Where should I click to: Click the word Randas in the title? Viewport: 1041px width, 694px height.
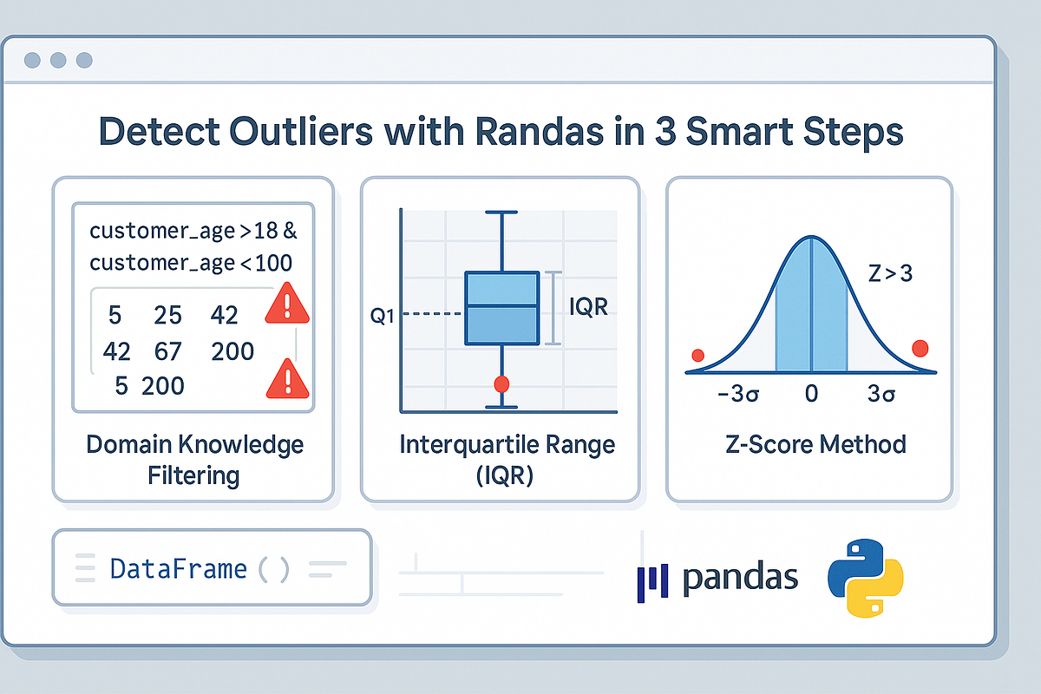(x=539, y=131)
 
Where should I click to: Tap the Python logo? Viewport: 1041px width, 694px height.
(x=866, y=578)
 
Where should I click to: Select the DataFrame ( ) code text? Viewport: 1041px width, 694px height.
(x=200, y=569)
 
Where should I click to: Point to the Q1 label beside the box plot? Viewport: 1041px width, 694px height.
(x=382, y=316)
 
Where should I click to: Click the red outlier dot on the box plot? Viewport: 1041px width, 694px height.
(x=501, y=384)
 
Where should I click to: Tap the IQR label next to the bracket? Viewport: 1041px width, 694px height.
(x=588, y=307)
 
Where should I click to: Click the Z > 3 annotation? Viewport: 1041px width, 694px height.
(x=890, y=273)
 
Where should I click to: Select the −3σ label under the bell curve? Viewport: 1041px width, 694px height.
(x=738, y=394)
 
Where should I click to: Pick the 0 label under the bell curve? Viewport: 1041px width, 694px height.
(x=811, y=394)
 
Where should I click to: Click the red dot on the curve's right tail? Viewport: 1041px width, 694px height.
(x=920, y=348)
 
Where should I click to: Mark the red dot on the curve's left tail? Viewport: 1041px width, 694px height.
(x=698, y=356)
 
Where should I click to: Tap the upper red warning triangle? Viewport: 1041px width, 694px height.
(x=287, y=304)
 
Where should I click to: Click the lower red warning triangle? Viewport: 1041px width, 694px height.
(x=288, y=380)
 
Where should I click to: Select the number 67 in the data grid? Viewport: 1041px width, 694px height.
(x=167, y=351)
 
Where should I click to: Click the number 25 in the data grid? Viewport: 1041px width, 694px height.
(x=167, y=315)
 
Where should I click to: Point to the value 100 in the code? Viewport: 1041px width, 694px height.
(x=273, y=263)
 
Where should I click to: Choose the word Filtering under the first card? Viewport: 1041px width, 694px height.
(x=193, y=475)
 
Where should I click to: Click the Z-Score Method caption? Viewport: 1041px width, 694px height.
(x=815, y=444)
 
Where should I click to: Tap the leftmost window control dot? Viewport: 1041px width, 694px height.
(x=32, y=60)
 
